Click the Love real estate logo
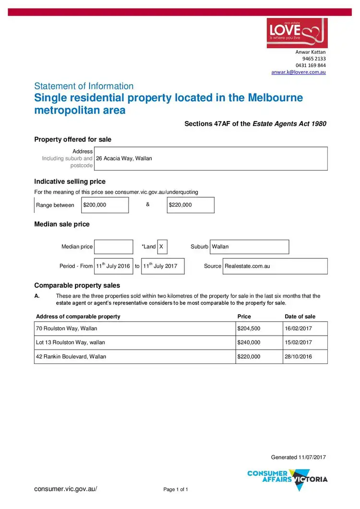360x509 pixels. (297, 33)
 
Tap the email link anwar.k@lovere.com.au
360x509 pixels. (299, 72)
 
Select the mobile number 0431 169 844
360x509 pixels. (311, 65)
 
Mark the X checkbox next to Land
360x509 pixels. (162, 247)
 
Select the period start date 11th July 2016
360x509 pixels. (113, 266)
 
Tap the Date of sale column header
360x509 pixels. (300, 316)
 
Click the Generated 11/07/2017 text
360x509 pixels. (298, 457)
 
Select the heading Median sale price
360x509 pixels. (61, 224)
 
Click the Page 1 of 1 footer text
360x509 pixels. (176, 490)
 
